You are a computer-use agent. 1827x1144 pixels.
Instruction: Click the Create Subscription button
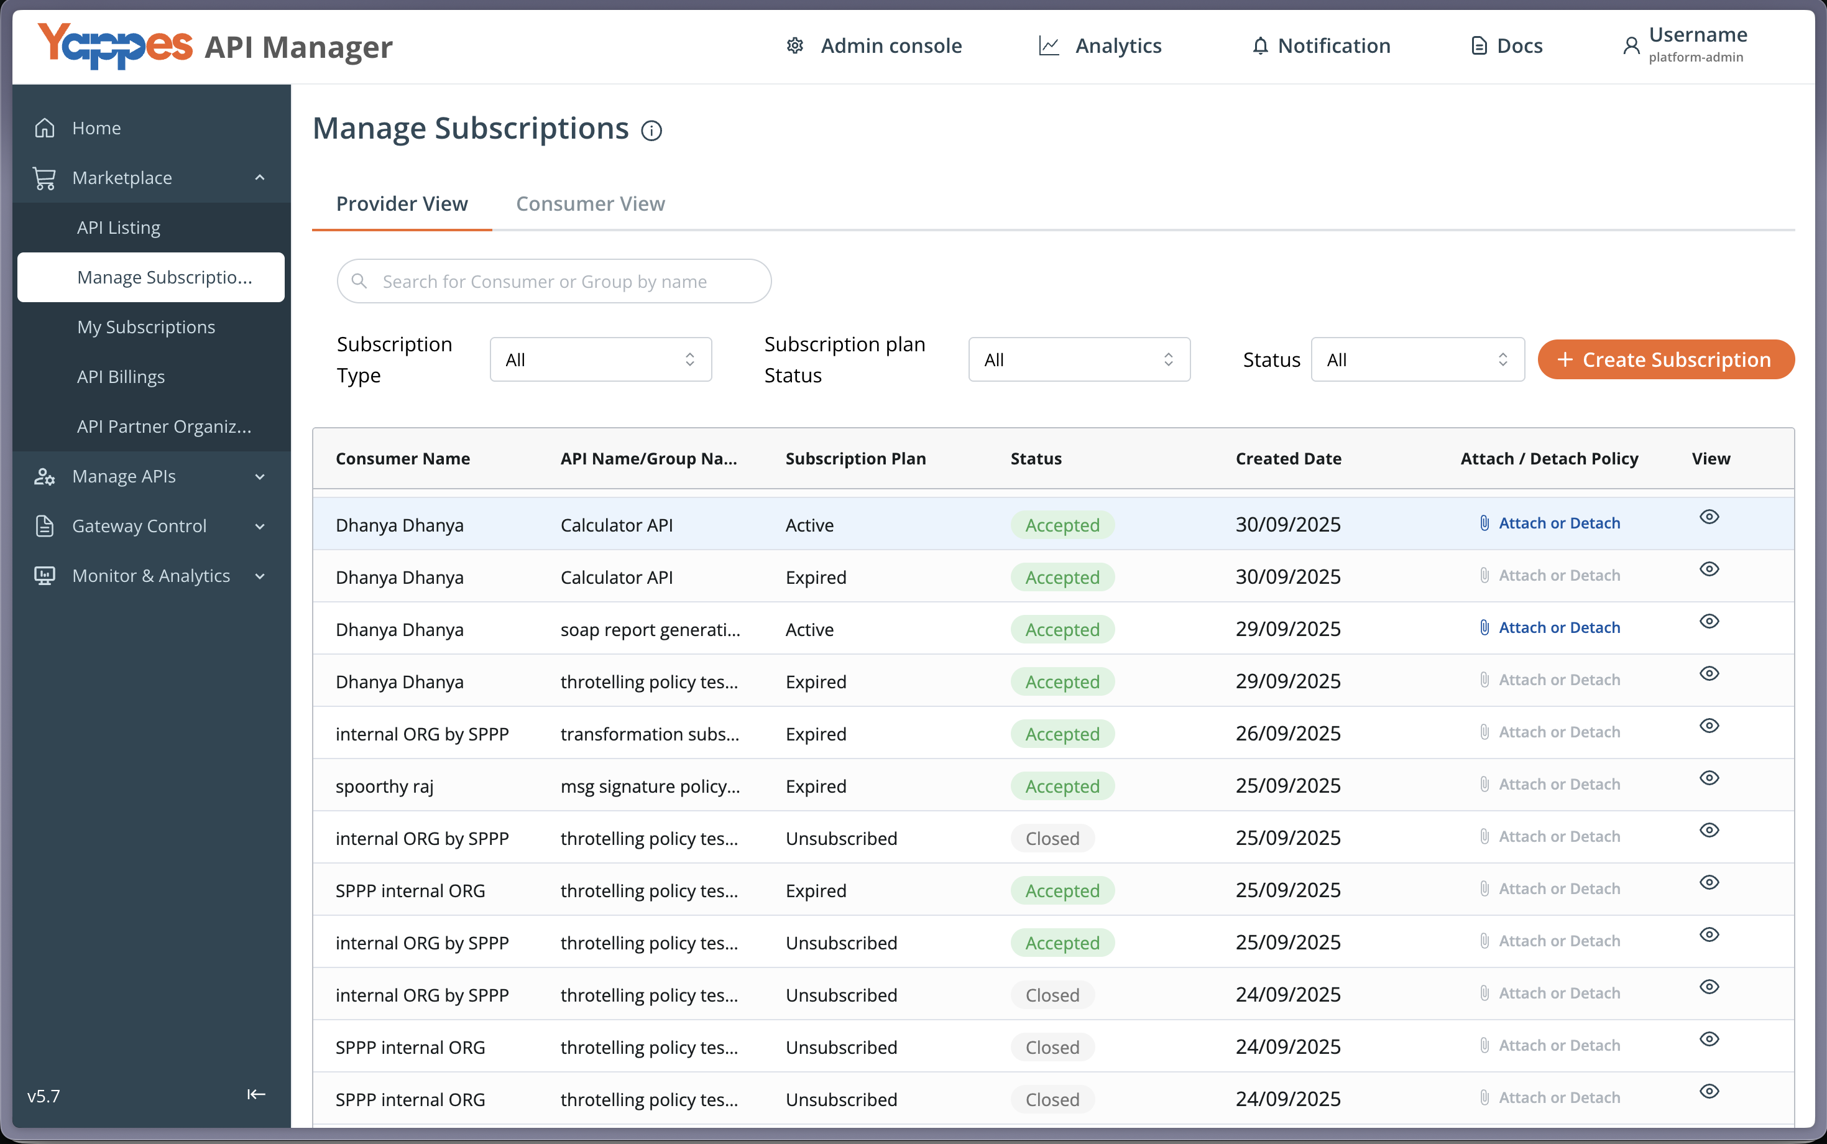1665,359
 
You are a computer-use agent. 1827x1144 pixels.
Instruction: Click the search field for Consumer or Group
554,282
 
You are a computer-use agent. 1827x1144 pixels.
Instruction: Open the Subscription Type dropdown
601,359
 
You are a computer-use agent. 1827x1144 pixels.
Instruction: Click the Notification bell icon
1259,46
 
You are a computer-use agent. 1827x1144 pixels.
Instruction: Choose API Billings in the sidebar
121,377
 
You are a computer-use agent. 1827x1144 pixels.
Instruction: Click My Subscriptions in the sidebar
146,327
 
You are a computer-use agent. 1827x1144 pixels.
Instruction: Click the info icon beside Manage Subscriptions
651,131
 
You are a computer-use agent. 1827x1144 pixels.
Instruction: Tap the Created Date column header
1289,458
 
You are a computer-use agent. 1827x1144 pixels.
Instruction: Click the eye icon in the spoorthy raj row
1709,778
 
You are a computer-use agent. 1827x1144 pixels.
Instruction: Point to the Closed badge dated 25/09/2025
1052,838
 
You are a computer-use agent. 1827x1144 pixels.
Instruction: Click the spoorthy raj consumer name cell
384,786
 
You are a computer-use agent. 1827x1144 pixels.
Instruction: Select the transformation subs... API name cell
650,734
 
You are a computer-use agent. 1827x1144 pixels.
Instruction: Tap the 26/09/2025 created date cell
1287,733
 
